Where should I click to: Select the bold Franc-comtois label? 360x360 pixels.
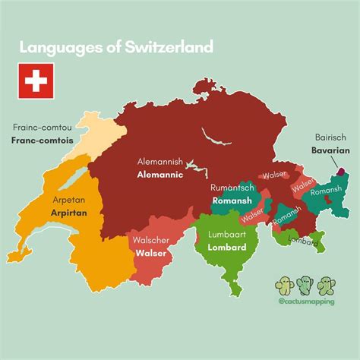click(42, 141)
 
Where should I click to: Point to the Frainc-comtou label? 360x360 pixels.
click(42, 128)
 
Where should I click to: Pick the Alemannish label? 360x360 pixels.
click(159, 162)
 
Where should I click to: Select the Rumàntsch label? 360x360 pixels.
click(232, 188)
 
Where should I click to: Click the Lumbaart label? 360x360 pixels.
click(223, 235)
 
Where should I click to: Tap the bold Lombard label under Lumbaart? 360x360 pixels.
click(223, 248)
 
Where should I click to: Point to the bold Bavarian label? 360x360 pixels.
click(330, 151)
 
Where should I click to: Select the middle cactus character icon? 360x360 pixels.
click(305, 285)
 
